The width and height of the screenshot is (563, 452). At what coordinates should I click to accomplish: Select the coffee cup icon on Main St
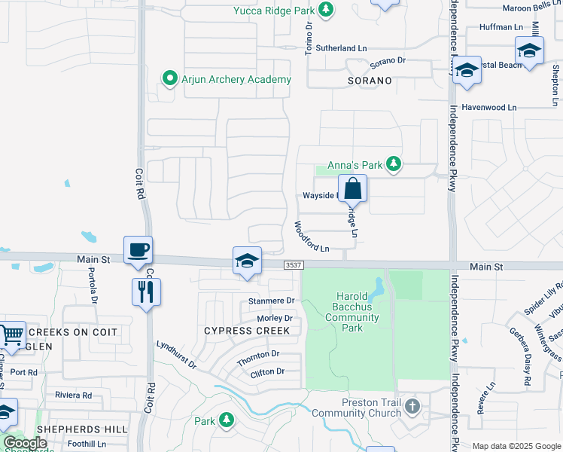coord(139,250)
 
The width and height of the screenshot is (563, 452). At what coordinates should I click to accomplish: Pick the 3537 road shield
coord(294,265)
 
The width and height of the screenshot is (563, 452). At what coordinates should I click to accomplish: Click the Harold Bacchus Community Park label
coord(352,312)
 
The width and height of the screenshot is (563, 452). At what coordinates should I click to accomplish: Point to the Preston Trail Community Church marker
coord(412,407)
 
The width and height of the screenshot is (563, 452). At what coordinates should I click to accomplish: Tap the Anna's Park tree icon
coord(393,163)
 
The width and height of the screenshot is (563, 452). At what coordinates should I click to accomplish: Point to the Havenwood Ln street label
coord(489,108)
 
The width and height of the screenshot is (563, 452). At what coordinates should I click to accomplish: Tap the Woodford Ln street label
coord(312,237)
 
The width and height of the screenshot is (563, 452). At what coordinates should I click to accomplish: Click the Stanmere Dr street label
coord(271,301)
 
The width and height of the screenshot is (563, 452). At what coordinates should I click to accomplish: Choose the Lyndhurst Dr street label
coord(176,354)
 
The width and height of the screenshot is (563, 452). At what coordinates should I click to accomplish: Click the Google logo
coord(25,443)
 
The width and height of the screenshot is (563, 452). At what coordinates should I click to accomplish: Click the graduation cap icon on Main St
coord(248,261)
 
